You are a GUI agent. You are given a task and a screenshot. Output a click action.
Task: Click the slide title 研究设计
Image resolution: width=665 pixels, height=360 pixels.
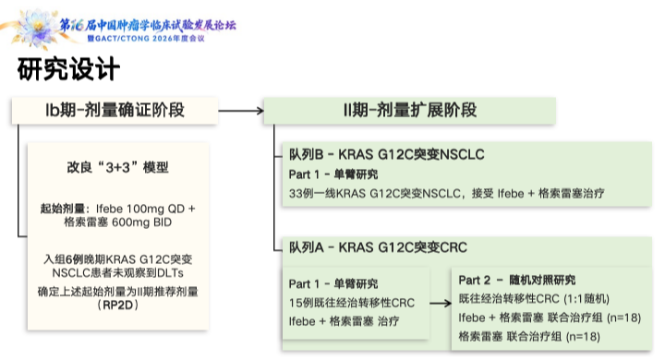coord(68,68)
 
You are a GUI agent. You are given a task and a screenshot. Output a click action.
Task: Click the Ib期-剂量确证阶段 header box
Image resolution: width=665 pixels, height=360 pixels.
coord(115,110)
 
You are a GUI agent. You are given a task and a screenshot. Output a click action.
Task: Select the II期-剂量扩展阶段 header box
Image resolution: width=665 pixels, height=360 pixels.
coord(410,110)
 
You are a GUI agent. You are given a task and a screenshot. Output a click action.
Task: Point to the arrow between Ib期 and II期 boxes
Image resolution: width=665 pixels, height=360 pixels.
coord(241,111)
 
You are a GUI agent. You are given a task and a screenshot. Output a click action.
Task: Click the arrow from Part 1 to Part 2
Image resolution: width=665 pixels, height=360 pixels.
coord(441,303)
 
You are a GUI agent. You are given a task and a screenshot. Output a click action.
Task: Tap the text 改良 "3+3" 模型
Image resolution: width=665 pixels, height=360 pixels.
coord(117,167)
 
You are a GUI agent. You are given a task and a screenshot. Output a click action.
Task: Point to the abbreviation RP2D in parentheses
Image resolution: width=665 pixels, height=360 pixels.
coord(117,305)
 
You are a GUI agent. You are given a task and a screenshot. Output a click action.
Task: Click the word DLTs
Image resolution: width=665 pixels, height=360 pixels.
coord(170,272)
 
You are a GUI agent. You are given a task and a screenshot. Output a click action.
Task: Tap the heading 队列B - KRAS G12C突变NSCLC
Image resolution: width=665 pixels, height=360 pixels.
coord(386,154)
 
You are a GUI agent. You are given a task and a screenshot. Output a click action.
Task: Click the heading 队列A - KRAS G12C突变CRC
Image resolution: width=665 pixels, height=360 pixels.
coord(378,247)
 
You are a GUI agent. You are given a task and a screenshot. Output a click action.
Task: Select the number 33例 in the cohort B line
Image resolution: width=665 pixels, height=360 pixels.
coord(301,194)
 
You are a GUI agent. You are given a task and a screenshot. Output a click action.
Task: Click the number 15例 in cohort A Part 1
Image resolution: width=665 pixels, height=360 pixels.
coord(301,303)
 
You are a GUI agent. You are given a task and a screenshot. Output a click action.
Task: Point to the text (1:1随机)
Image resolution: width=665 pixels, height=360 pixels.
coord(586,299)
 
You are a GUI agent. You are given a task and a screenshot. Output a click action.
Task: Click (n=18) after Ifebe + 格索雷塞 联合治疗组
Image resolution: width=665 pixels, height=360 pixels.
coord(623,318)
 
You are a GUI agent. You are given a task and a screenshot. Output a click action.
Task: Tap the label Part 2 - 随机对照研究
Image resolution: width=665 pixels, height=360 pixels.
coord(516,280)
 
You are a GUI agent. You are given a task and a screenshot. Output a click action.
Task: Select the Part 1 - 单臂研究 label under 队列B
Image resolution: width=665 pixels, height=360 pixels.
coord(332,174)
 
